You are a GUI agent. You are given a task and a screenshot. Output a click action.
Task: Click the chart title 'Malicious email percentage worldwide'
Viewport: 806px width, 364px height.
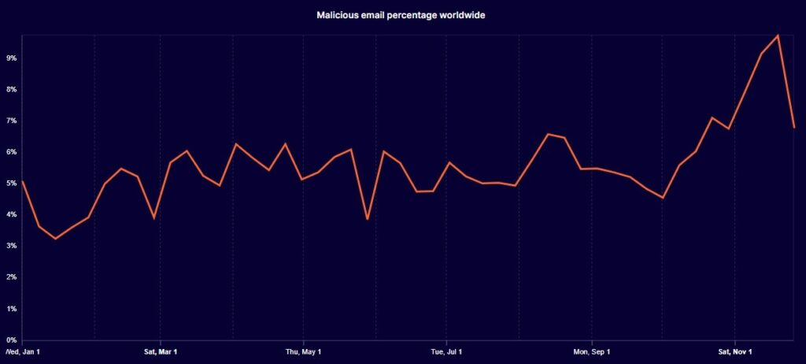(x=402, y=15)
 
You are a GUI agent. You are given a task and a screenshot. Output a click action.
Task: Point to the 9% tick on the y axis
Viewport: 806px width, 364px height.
(x=11, y=58)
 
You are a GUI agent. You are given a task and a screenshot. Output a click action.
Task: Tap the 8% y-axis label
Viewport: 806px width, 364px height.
(x=11, y=90)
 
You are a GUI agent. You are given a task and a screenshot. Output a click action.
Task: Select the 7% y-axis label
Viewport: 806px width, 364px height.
(x=11, y=121)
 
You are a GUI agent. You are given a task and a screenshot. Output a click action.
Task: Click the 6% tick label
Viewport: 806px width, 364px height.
(x=11, y=152)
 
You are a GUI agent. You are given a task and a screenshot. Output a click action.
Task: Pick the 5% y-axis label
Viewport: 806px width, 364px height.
(x=11, y=184)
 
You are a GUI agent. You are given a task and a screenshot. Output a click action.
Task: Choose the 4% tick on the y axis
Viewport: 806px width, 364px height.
(x=11, y=214)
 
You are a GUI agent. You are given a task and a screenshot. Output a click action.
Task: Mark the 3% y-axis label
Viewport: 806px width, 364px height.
(x=11, y=246)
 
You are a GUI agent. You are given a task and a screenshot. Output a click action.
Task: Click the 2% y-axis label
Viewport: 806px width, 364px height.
(x=11, y=277)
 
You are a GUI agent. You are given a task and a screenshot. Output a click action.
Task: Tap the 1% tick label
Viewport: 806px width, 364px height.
(x=11, y=309)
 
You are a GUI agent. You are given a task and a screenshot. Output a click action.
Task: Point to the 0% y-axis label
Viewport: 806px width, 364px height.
(x=11, y=340)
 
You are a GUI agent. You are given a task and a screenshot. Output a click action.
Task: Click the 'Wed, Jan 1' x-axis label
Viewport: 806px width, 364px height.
(x=23, y=351)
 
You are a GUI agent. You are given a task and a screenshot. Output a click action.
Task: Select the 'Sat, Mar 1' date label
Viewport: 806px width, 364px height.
(x=161, y=351)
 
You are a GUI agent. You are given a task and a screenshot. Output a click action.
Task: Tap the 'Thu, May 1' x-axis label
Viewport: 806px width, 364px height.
(x=303, y=351)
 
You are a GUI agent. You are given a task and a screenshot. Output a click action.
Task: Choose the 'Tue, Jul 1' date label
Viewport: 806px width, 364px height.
(x=446, y=351)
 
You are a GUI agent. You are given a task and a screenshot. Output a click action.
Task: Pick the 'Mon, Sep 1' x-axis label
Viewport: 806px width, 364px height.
(x=591, y=351)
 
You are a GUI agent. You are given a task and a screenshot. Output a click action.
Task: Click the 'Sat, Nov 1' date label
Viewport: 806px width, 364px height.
(x=734, y=351)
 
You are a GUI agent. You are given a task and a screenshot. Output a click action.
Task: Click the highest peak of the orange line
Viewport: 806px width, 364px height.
(x=778, y=35)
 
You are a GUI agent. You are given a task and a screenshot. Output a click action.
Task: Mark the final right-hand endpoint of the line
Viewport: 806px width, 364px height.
(x=794, y=127)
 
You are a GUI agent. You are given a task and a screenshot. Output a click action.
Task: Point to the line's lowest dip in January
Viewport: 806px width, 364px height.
(x=55, y=238)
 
